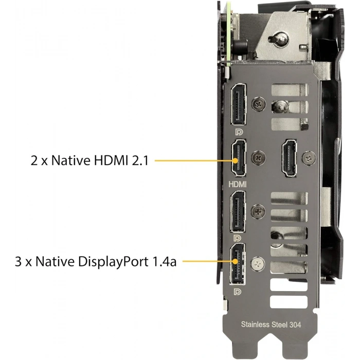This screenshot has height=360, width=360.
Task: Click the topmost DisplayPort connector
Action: pos(239,104)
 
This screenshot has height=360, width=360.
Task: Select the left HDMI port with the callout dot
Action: pos(239,158)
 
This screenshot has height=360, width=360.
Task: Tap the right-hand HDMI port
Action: pos(289,158)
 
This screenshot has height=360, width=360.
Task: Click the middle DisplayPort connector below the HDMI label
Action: pos(238,211)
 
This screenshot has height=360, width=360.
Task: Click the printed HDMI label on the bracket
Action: pos(238,184)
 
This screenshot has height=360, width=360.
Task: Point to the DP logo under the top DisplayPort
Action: pos(239,132)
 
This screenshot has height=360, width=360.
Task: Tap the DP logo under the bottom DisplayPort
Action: pos(238,292)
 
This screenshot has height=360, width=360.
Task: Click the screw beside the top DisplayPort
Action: pos(259,104)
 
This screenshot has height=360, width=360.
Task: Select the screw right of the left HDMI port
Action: pos(259,158)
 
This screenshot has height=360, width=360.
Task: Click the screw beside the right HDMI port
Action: pos(309,158)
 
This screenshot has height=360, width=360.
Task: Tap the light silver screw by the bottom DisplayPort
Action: pos(258,264)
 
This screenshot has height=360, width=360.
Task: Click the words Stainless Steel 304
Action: pos(271,325)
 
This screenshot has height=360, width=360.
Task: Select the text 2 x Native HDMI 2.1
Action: pos(90,160)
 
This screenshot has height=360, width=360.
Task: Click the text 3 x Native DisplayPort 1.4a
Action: pos(96,261)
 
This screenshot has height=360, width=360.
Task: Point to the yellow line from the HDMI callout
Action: pos(194,160)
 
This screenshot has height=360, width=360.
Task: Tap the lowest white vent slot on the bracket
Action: pos(289,302)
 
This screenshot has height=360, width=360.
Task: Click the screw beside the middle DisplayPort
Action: pos(258,211)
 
